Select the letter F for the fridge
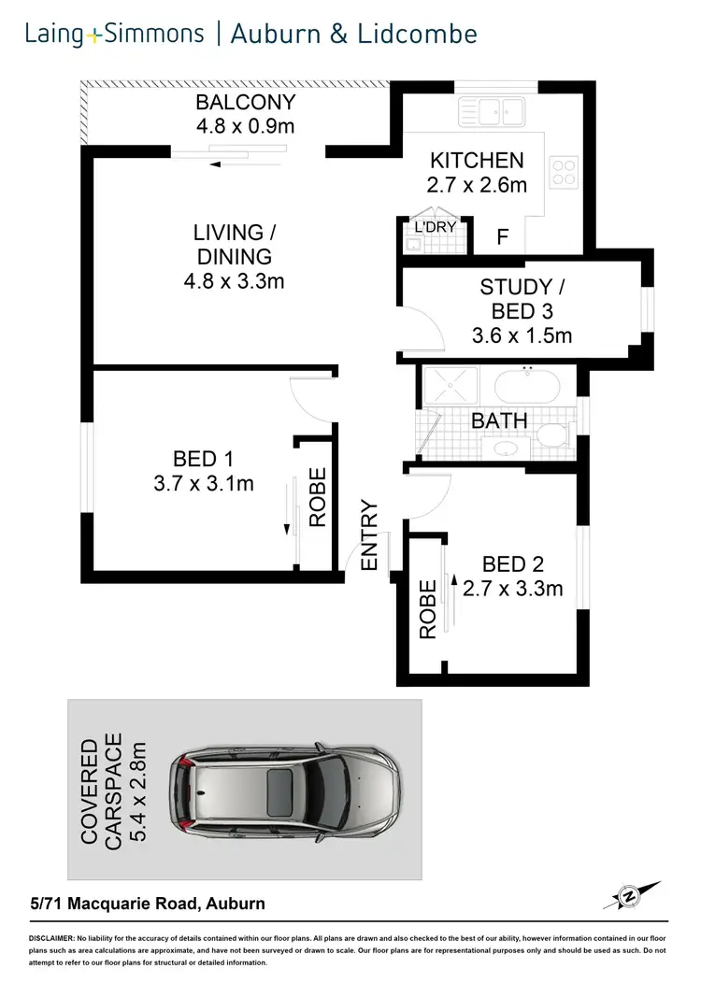click(x=502, y=237)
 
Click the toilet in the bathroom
click(x=553, y=435)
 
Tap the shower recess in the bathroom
click(x=450, y=385)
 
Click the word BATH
click(x=499, y=421)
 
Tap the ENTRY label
click(x=368, y=536)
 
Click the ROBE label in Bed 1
click(x=318, y=497)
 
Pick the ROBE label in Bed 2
click(x=427, y=609)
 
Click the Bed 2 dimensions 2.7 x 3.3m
click(x=513, y=589)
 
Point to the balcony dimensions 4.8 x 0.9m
click(x=245, y=126)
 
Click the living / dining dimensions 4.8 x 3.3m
click(x=233, y=280)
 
